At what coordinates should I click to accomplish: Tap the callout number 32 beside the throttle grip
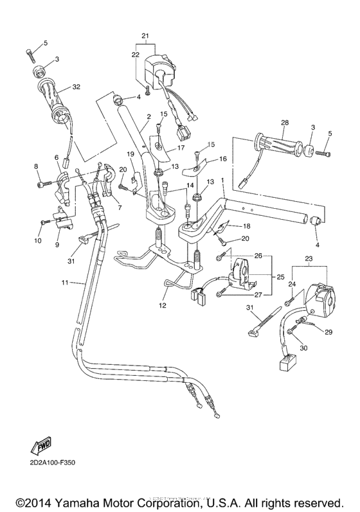pyautogui.click(x=76, y=87)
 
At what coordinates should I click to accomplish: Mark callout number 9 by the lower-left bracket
pyautogui.click(x=57, y=244)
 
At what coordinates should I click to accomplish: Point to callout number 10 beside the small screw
pyautogui.click(x=37, y=240)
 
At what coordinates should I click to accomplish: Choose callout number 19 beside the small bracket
pyautogui.click(x=130, y=154)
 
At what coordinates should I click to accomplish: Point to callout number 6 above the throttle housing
pyautogui.click(x=57, y=157)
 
